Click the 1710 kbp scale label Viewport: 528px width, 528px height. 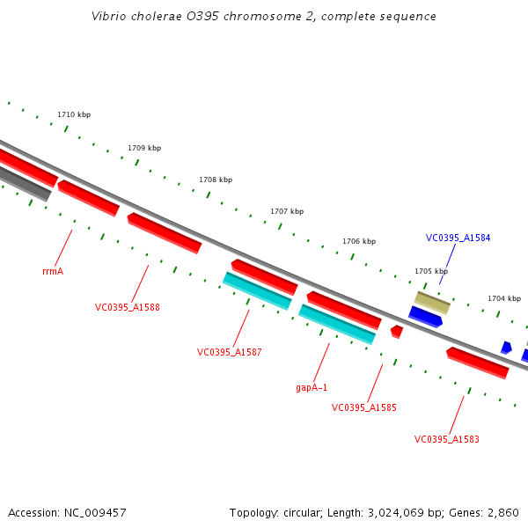[74, 115]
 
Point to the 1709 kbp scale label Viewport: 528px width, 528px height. [144, 148]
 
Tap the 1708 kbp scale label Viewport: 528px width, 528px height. [216, 180]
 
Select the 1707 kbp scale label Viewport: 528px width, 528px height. [287, 211]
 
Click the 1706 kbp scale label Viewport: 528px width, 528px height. [359, 241]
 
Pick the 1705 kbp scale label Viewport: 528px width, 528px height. [431, 272]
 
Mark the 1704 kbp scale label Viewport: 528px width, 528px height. [504, 298]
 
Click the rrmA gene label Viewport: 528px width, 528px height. [53, 272]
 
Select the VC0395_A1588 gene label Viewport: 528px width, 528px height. [128, 308]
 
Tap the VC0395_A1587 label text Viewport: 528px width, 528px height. [230, 352]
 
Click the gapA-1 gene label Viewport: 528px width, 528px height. [312, 387]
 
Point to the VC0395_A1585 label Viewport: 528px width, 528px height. [364, 408]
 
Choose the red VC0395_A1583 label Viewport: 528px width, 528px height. [447, 439]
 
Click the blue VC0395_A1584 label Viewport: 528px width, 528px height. [458, 238]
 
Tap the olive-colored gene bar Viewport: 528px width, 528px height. [432, 302]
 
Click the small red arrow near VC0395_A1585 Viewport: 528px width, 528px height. [397, 332]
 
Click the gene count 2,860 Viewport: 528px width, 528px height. [502, 512]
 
